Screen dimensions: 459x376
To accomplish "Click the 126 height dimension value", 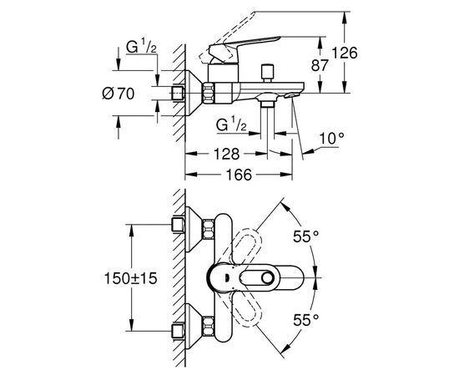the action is tap(344, 53).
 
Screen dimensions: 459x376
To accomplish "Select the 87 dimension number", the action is tap(320, 65).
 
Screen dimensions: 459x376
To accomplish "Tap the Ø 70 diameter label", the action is tap(119, 94).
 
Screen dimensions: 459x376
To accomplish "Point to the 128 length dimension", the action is tap(226, 154).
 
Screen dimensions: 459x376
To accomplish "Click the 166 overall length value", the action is tap(239, 175).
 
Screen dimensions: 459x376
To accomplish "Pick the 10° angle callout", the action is tap(331, 139).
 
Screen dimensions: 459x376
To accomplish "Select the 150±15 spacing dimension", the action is tap(130, 278).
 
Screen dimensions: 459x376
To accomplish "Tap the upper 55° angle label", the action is tap(306, 236).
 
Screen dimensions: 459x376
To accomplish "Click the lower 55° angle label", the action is tap(306, 320).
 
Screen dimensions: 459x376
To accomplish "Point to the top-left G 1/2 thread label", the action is tap(141, 47).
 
